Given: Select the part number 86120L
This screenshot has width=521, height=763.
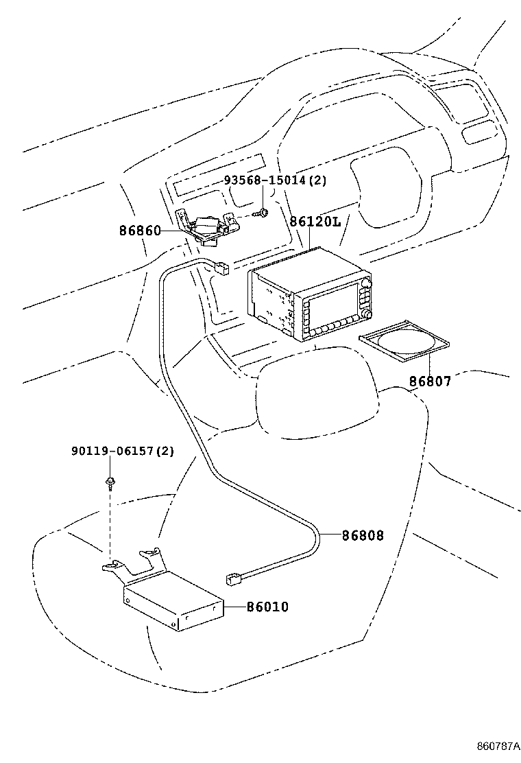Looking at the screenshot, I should click(x=315, y=222).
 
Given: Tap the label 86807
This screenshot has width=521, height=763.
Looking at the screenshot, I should click(x=431, y=381).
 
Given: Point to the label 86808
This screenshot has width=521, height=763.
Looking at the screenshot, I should click(x=363, y=535).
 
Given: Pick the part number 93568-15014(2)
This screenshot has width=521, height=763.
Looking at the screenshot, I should click(x=275, y=180).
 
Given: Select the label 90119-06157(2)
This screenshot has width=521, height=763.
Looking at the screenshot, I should click(x=122, y=451).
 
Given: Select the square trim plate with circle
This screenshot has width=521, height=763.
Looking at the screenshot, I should click(x=405, y=342).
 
